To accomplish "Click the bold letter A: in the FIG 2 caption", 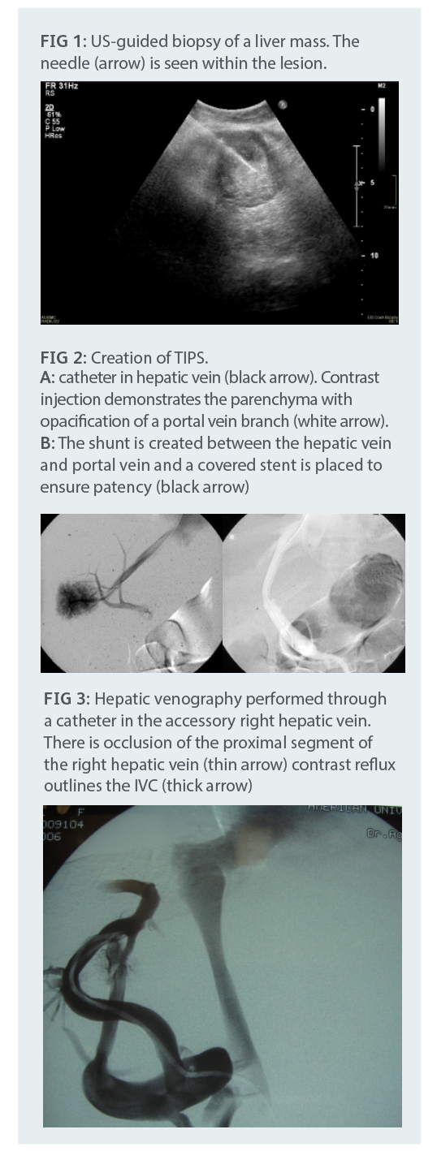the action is point(46,378).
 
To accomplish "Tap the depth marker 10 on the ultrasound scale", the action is point(374,256).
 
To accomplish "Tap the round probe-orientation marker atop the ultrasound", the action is point(283,104).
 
